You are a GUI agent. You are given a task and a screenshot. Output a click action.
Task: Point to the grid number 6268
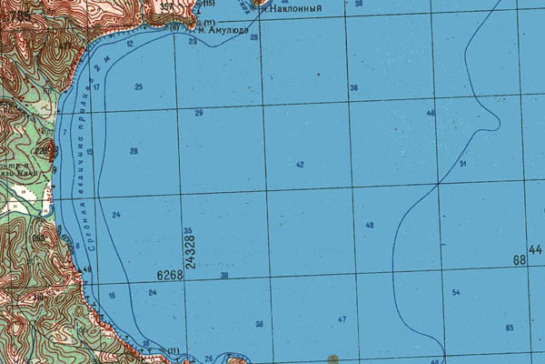pyautogui.click(x=170, y=275)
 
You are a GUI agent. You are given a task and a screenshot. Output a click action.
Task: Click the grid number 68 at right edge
pyautogui.click(x=520, y=261)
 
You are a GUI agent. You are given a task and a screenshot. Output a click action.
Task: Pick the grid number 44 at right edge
pyautogui.click(x=535, y=249)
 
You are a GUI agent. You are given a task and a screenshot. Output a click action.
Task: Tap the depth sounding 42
pyautogui.click(x=300, y=165)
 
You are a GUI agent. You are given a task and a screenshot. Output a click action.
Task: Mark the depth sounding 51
pyautogui.click(x=463, y=164)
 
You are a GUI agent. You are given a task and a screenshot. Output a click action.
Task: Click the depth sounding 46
pyautogui.click(x=431, y=114)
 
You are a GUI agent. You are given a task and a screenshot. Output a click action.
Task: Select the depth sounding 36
pyautogui.click(x=354, y=87)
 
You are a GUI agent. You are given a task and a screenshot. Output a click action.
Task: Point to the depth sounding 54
pyautogui.click(x=456, y=292)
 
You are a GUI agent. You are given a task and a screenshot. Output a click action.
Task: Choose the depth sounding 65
pyautogui.click(x=510, y=328)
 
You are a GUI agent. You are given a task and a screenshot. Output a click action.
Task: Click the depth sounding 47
pyautogui.click(x=342, y=319)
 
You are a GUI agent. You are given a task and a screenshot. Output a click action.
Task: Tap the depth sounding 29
pyautogui.click(x=199, y=113)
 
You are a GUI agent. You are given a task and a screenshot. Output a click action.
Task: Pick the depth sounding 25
pyautogui.click(x=139, y=87)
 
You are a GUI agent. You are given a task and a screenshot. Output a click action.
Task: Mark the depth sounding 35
pyautogui.click(x=188, y=231)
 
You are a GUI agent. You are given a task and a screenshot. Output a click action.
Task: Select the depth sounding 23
pyautogui.click(x=193, y=42)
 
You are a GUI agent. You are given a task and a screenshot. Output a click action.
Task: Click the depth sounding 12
pyautogui.click(x=130, y=44)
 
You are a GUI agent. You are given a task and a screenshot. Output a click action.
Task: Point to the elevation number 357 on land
pyautogui.click(x=166, y=6)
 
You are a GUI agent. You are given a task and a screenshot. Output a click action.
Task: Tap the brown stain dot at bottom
pyautogui.click(x=332, y=357)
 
